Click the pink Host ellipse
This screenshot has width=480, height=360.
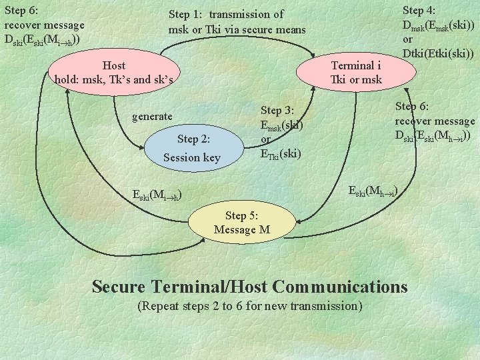[114, 72]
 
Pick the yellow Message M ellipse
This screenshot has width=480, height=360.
[241, 223]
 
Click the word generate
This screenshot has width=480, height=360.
[152, 116]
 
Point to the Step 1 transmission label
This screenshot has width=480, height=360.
[237, 22]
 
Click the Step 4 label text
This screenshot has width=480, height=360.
[438, 32]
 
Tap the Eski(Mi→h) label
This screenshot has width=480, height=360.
[157, 195]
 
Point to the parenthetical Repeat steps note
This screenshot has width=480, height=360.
[249, 306]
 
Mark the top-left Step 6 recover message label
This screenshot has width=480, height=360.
[45, 25]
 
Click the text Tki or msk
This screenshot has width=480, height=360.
[356, 80]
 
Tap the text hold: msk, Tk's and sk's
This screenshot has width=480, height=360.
[114, 80]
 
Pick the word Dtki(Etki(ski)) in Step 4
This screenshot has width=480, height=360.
[438, 54]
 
